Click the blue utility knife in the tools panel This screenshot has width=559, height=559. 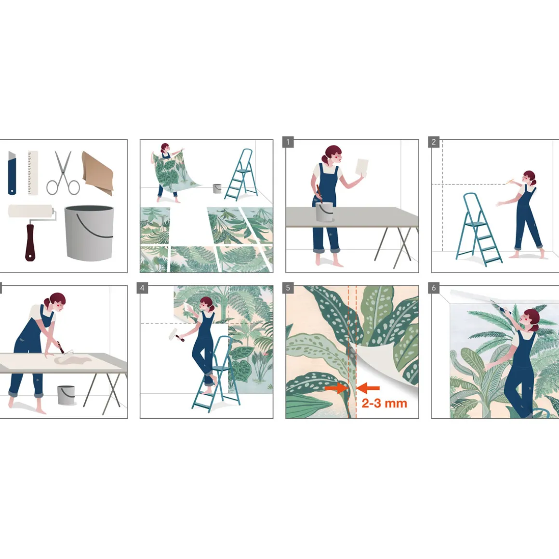pos(12,173)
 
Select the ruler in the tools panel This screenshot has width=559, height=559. pos(33,173)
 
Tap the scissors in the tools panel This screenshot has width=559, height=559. pos(63,173)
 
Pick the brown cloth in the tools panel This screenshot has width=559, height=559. pos(98,173)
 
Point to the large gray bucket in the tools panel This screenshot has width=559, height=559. pos(89,232)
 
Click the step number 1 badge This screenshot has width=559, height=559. pos(288,142)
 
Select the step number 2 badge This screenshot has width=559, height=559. pos(434,142)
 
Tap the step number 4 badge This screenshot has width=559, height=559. pos(142,288)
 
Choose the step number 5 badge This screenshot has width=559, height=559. pos(288,288)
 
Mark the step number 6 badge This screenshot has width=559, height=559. pos(434,288)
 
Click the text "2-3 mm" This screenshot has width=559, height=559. pos(385,403)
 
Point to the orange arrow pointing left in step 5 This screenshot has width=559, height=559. pos(368,388)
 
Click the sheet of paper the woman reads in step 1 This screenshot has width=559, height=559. pos(362,167)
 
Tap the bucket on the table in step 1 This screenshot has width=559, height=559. pos(324,212)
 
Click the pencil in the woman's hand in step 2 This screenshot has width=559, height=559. pos(510,182)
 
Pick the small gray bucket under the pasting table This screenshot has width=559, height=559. pos(66,395)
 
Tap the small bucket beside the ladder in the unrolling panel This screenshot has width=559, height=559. pos(217,188)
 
